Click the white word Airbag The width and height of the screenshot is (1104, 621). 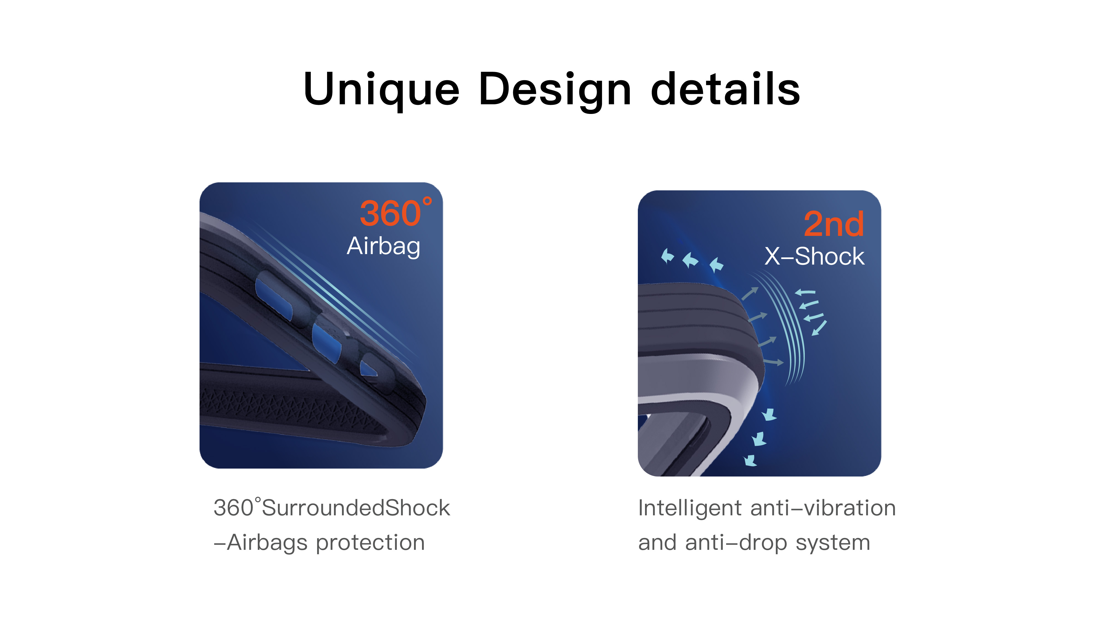[x=384, y=246]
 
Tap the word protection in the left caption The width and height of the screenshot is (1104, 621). [x=370, y=543]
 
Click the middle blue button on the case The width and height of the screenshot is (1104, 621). [x=327, y=343]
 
